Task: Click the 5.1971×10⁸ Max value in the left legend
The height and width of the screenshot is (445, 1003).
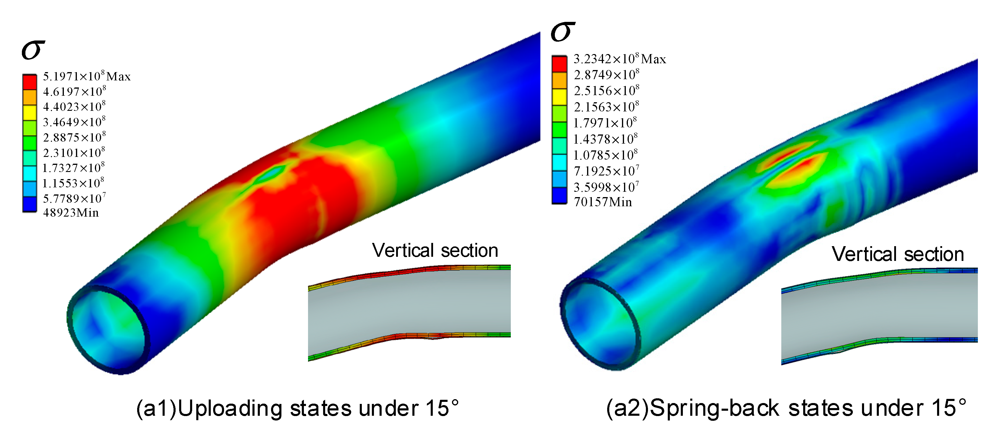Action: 86,76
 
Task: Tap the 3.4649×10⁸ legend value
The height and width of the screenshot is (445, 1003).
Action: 74,121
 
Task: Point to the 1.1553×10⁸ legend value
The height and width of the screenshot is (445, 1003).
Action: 73,183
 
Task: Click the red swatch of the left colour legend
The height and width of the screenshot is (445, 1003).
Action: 30,82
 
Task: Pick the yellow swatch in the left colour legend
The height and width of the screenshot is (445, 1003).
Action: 30,113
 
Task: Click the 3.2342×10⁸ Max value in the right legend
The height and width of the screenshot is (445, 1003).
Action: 620,59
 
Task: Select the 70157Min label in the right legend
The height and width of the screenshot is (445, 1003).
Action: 603,202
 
